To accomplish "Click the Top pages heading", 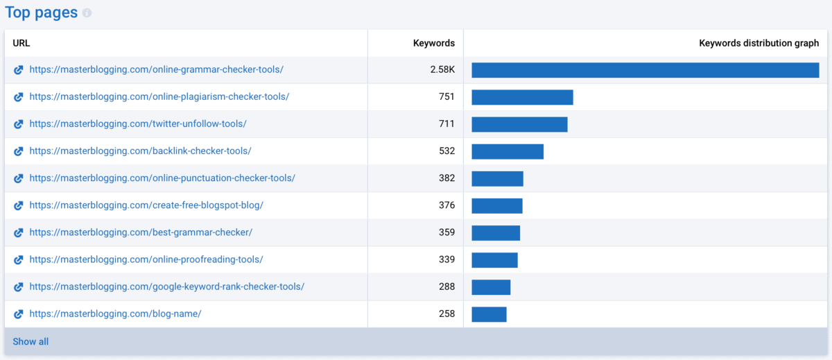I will (x=41, y=12).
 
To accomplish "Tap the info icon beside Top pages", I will (x=87, y=13).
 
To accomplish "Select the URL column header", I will (x=21, y=43).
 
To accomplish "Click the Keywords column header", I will (x=433, y=43).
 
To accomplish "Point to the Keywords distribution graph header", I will (x=759, y=43).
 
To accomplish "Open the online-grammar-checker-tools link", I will (x=156, y=70).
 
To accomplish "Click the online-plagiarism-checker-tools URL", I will (x=159, y=97).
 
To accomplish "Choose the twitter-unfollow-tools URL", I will (x=138, y=124).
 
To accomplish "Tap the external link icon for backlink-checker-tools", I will (x=19, y=151).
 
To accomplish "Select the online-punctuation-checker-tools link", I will (x=162, y=178).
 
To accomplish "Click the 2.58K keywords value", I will (x=442, y=70).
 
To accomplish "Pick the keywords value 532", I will (x=447, y=151).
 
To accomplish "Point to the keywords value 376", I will (x=447, y=205).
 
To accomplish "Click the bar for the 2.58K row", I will (x=645, y=70).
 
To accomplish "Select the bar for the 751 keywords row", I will (x=522, y=97).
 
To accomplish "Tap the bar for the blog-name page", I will (x=489, y=314).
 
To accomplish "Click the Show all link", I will (x=31, y=342).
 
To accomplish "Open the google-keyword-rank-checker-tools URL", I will (x=166, y=286).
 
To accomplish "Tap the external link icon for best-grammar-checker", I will (x=19, y=232).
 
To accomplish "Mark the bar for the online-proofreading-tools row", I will (x=494, y=259).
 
